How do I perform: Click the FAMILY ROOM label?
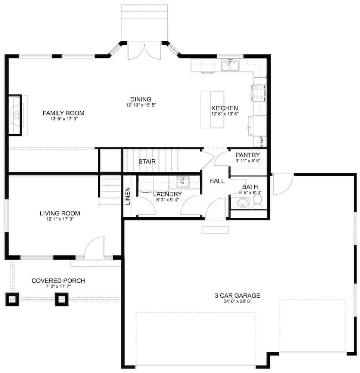63,113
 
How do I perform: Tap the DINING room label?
141,99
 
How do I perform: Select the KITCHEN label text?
224,108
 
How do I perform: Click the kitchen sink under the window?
230,66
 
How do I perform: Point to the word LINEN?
128,196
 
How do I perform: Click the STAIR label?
147,162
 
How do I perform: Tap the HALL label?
217,181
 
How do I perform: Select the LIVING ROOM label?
60,213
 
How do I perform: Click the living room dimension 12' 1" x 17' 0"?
60,219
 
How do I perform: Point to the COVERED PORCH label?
58,280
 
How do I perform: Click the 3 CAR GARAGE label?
237,296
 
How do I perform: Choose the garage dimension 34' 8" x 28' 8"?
237,301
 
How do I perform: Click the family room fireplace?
16,115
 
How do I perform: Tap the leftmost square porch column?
12,299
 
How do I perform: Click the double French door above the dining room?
144,51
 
